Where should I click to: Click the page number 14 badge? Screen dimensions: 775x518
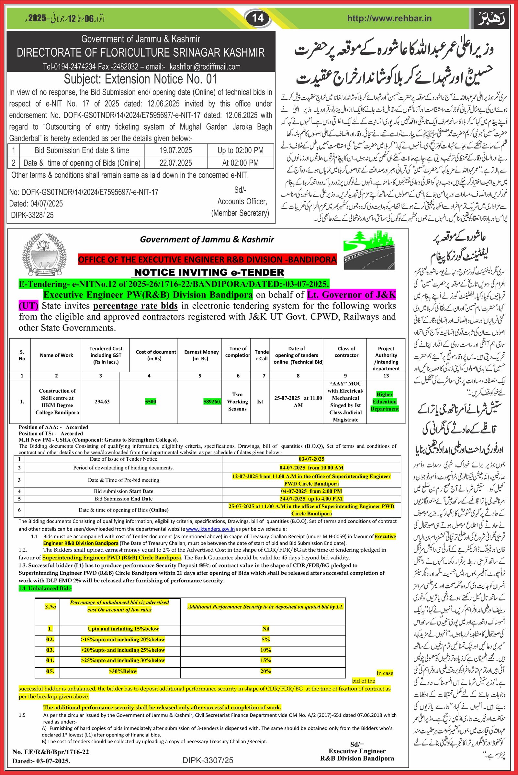click(258, 18)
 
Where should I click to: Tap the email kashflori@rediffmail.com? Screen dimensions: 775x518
click(205, 67)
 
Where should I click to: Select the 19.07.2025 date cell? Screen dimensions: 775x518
click(176, 150)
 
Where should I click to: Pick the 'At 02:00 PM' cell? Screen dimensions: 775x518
click(240, 163)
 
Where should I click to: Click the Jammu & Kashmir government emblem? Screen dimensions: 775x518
click(44, 255)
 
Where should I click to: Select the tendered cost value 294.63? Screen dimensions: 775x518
click(100, 401)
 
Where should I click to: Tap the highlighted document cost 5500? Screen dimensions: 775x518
click(150, 401)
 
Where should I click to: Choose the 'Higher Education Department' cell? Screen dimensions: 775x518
click(385, 401)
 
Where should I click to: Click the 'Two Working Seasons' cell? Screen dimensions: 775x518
click(237, 401)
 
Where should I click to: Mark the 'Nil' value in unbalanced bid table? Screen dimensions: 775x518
click(265, 629)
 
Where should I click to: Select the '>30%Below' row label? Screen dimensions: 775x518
click(123, 671)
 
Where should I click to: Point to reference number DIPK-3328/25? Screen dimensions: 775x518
click(32, 215)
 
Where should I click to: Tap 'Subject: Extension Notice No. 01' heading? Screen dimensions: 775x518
click(141, 79)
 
